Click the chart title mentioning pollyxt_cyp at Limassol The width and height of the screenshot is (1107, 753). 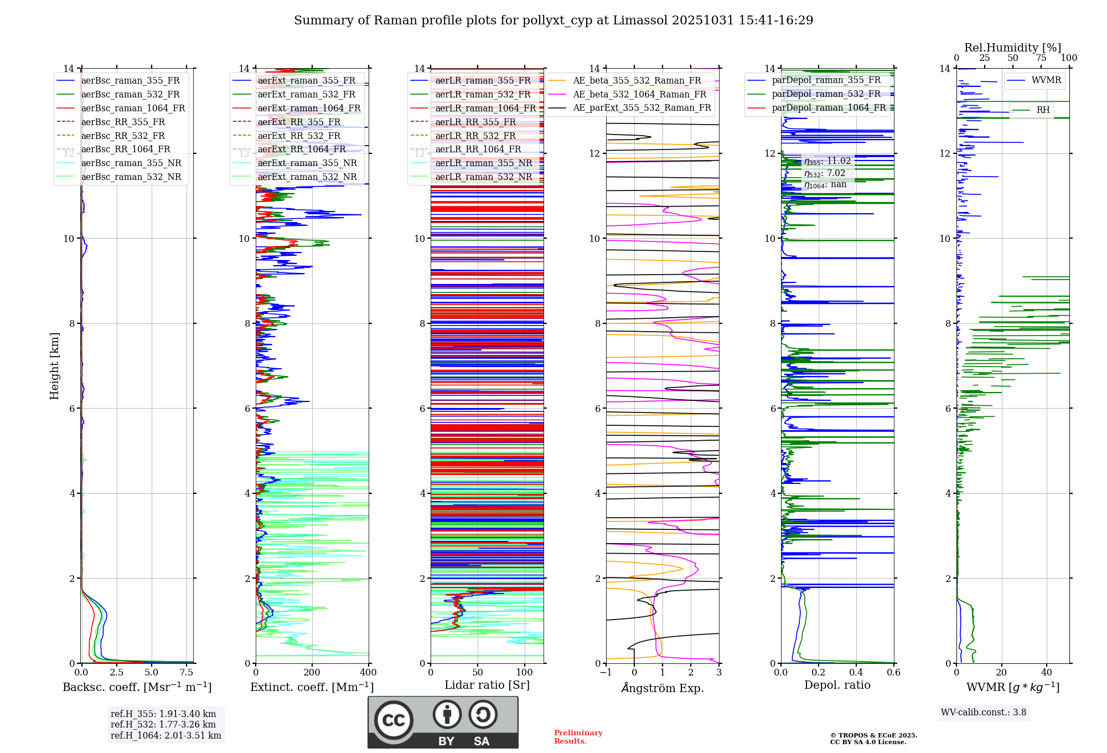553,20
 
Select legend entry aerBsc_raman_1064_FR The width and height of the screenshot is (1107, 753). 133,108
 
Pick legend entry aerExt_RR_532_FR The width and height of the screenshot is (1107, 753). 299,136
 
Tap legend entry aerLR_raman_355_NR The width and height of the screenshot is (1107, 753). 483,163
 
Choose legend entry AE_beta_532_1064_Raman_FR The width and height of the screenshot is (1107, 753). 639,94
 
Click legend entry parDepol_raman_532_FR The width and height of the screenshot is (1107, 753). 826,94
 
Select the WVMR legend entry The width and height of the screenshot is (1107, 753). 1046,80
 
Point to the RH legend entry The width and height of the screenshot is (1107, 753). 1043,110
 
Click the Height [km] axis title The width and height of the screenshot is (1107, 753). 54,365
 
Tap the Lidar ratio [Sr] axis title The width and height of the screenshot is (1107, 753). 487,685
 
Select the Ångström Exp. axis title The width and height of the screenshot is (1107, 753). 663,688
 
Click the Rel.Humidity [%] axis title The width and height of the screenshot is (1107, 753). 1012,48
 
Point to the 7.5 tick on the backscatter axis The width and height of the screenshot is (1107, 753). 187,673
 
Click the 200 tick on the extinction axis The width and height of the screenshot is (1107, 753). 312,673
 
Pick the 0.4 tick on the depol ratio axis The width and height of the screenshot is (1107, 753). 856,673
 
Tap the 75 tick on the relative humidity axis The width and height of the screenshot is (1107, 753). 1041,58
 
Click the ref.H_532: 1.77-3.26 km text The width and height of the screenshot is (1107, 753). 163,724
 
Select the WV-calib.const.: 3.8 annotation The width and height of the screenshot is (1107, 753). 984,713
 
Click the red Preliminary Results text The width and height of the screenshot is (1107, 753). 578,736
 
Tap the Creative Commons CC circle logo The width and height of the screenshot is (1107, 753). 394,720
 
